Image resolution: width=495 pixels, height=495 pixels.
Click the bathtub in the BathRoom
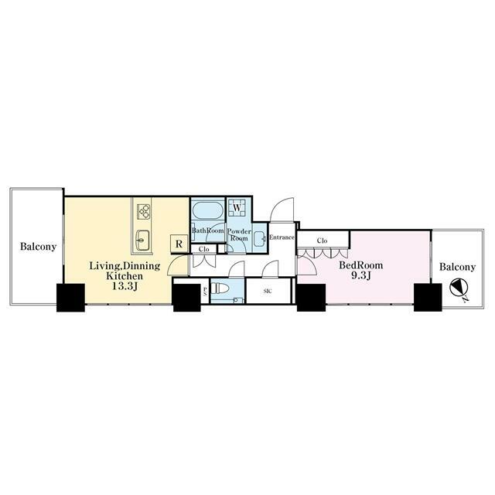tap(207, 210)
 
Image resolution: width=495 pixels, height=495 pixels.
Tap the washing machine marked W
tap(237, 207)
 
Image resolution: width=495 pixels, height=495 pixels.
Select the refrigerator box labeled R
tap(179, 244)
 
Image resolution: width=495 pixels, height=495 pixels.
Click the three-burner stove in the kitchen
tap(144, 212)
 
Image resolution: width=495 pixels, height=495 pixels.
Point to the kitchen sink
tap(142, 240)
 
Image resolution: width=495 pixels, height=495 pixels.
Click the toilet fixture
tap(220, 288)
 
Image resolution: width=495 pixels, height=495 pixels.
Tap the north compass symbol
tap(459, 288)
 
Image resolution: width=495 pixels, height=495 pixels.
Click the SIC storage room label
tap(268, 292)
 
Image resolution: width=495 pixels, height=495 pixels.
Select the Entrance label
tap(282, 237)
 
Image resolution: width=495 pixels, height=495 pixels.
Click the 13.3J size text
tap(125, 286)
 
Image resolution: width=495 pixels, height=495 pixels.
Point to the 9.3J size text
tap(361, 275)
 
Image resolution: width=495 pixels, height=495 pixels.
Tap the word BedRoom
tap(361, 265)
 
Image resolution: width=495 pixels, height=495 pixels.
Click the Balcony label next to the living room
tap(38, 247)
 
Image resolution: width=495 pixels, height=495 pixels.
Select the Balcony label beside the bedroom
tap(457, 267)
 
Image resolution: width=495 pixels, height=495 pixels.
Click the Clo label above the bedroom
tap(322, 241)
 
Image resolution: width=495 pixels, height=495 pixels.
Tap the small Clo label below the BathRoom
tap(204, 249)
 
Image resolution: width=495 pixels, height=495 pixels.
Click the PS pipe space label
tap(205, 291)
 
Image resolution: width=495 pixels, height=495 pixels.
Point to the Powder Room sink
tap(260, 239)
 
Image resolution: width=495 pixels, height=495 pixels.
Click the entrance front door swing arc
tap(279, 205)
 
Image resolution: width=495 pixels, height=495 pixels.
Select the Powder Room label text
tap(239, 234)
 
